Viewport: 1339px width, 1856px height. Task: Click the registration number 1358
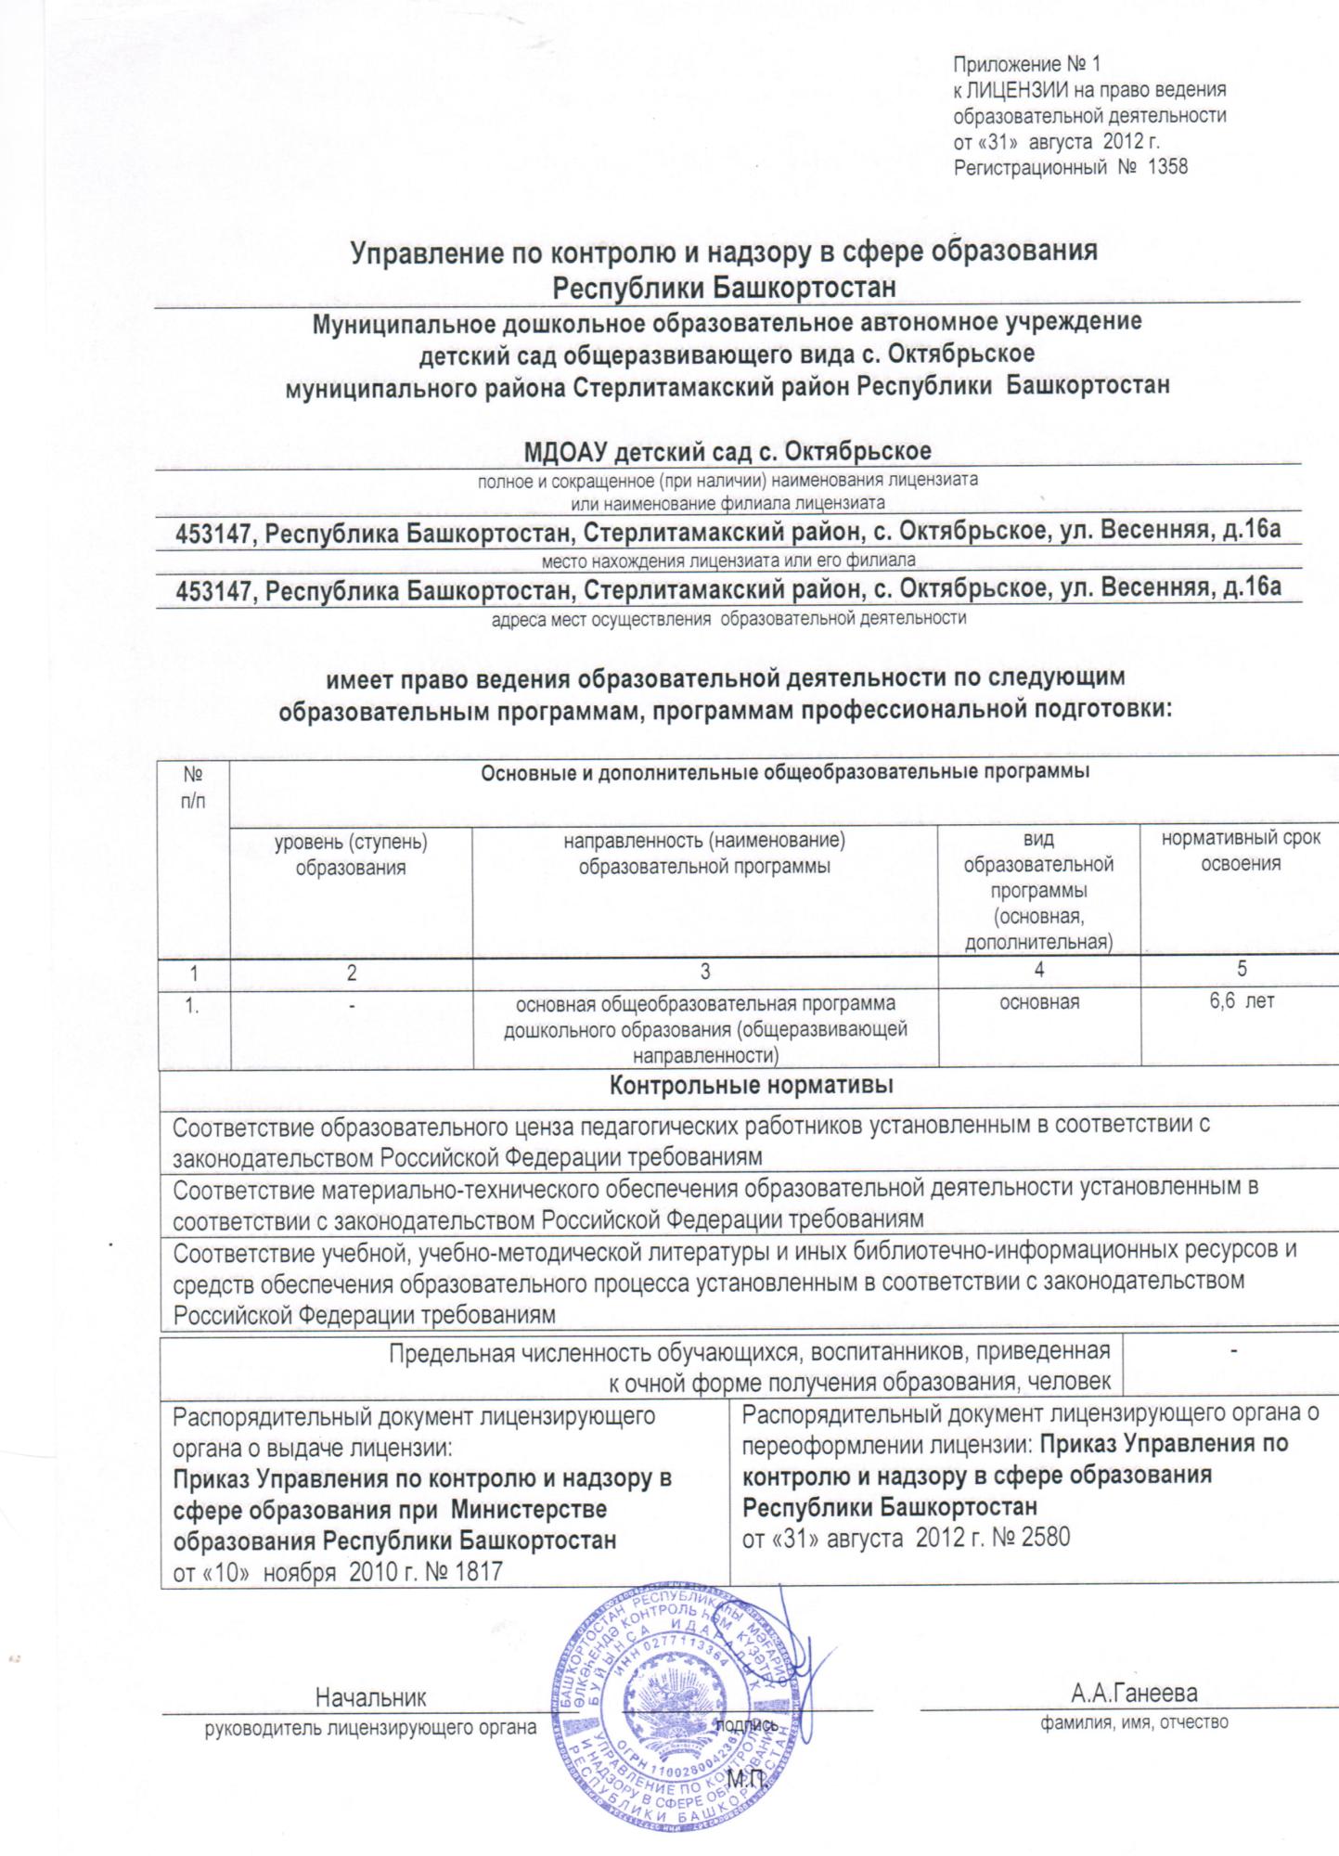tap(1167, 168)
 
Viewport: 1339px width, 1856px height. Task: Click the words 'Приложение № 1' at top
tap(1026, 65)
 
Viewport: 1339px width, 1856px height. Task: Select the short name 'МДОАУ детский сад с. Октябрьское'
tap(727, 452)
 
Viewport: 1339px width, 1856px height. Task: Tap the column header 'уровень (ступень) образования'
tap(351, 855)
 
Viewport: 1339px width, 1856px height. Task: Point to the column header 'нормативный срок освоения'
tap(1241, 851)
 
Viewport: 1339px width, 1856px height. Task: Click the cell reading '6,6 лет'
tap(1241, 1001)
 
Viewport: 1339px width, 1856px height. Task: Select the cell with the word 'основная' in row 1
tap(1039, 1002)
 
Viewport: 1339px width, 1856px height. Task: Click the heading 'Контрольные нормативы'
tap(751, 1085)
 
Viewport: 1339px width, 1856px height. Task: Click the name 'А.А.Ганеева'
tap(1134, 1693)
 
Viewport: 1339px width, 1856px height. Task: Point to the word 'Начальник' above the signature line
tap(371, 1698)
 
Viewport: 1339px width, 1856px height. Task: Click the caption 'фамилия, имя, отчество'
tap(1134, 1722)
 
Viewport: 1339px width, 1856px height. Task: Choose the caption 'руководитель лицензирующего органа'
tap(371, 1728)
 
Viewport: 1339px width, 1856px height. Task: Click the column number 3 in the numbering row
tap(705, 972)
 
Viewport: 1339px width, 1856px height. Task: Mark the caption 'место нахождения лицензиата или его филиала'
tap(727, 561)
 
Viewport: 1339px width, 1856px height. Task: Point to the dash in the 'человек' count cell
tap(1233, 1352)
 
